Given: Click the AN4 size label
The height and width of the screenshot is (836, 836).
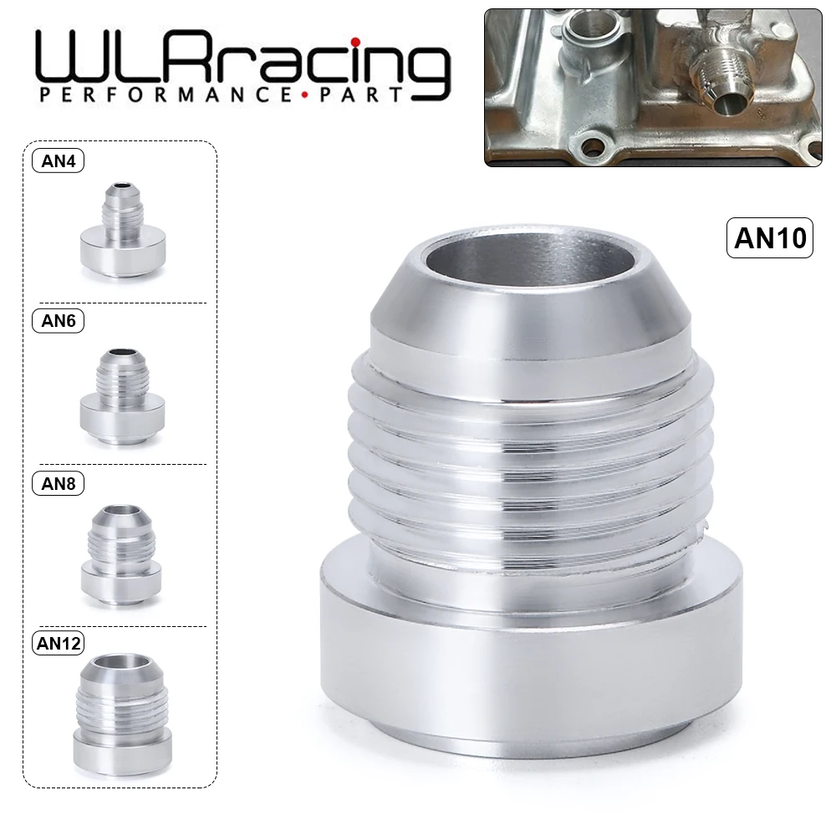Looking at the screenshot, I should coord(59,161).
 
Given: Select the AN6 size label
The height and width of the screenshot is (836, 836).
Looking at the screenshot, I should coord(59,321).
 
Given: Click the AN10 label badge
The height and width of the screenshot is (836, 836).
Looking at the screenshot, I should coord(770,237).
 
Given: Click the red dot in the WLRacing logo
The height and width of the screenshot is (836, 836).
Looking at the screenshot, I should coord(356,42).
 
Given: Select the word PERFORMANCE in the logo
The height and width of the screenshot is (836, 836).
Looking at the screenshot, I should coord(158,94).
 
